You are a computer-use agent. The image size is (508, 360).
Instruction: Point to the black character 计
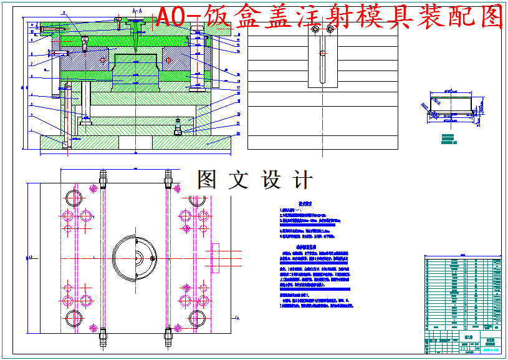coord(302,180)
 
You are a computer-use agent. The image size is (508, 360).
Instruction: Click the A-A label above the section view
coord(138,11)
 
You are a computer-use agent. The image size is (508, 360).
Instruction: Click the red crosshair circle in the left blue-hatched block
coord(103,61)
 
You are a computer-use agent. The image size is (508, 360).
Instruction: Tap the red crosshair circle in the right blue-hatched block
coord(168,61)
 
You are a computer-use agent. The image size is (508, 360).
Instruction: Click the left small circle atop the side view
coord(315,29)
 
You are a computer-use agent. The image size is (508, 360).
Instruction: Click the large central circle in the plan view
coord(135,257)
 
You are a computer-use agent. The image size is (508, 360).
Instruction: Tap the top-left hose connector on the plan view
coord(102,178)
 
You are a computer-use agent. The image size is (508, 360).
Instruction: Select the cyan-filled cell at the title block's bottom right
coord(492,349)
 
